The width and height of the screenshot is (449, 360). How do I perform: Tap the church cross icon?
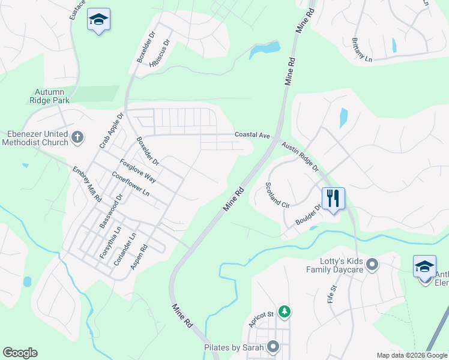[76, 138]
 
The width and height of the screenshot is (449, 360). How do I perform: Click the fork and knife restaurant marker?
[333, 197]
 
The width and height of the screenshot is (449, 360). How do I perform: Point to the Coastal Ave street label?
[252, 135]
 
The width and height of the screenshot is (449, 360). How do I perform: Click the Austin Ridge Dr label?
[300, 157]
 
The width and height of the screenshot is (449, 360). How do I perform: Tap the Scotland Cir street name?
[277, 195]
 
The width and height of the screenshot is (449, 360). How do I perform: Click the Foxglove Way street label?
[138, 171]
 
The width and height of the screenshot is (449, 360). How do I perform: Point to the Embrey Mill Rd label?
[87, 184]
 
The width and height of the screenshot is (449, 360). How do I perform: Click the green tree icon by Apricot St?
[285, 311]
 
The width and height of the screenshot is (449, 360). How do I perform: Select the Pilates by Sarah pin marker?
[274, 347]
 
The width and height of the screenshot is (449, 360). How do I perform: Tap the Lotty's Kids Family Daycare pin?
[372, 264]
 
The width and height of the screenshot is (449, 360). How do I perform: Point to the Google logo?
[20, 353]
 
